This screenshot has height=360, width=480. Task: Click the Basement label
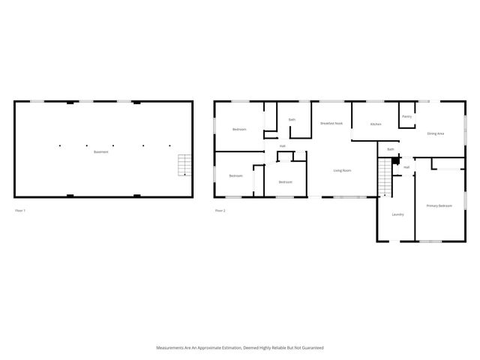pos(100,152)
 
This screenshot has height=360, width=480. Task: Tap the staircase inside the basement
pos(184,165)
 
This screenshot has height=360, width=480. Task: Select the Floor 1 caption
pos(20,211)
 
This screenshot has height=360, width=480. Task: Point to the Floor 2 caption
pos(220,211)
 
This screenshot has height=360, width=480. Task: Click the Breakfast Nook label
pos(331,123)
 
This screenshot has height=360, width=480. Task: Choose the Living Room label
pos(342,171)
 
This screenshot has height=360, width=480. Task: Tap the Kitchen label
pos(376,124)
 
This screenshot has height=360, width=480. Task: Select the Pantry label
pos(406,116)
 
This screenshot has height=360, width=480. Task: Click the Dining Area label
pos(435,133)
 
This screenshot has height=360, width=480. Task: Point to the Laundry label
pos(397,214)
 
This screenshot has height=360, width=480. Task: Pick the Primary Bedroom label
pos(439,205)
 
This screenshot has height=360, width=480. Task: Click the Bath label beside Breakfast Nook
pos(292,119)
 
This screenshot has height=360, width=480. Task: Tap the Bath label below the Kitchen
pos(391,150)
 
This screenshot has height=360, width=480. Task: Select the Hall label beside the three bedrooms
pos(282,145)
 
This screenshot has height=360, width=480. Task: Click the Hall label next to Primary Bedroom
pos(406,166)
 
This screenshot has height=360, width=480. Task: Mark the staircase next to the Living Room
pos(385,180)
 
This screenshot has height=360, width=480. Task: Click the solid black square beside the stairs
pos(397,160)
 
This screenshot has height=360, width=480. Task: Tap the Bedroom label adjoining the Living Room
pos(285,182)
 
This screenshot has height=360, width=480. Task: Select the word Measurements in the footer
pos(172,348)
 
